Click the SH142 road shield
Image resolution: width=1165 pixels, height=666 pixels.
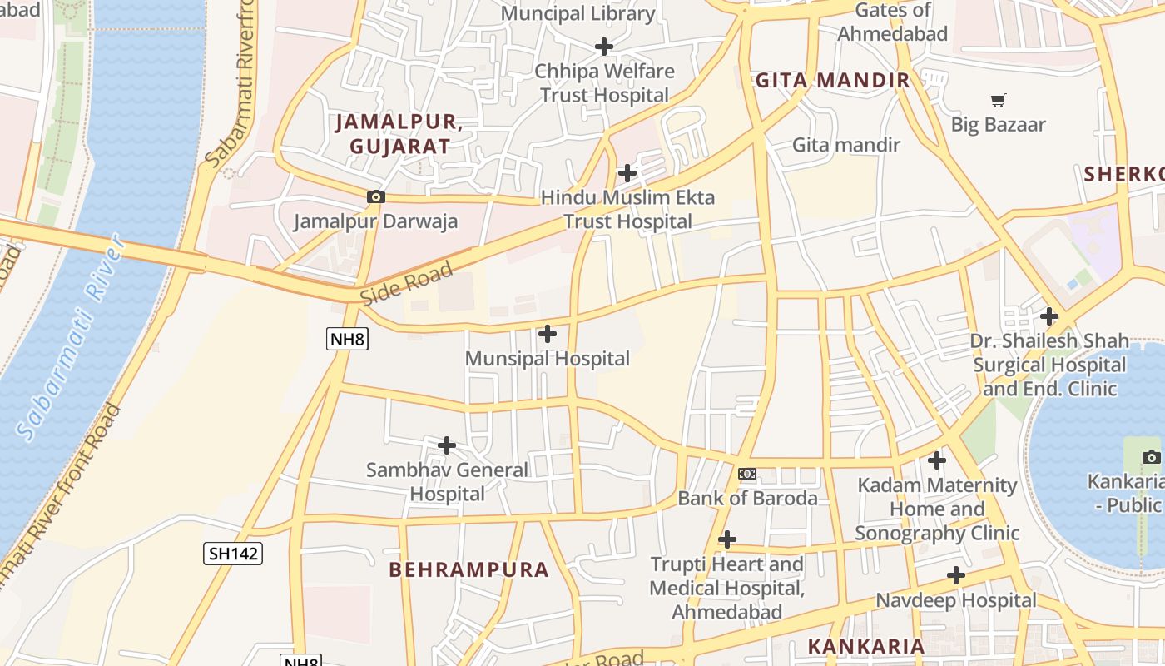coord(233,553)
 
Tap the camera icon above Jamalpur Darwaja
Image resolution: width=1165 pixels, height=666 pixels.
coord(376,197)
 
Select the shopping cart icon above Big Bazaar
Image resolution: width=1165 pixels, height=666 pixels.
coord(998,101)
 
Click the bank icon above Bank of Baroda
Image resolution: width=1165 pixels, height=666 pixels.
coord(747,474)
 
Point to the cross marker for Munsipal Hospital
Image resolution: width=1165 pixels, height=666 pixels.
coord(548,334)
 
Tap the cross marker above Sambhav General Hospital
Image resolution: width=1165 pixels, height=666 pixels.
coord(447,445)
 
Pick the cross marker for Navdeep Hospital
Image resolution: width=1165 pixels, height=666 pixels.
coord(956,575)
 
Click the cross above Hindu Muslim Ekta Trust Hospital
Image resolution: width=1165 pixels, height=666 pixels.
coord(627,173)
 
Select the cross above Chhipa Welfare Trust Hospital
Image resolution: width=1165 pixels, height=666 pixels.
coord(604,47)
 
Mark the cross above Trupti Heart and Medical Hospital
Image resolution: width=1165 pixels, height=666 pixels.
coord(727,539)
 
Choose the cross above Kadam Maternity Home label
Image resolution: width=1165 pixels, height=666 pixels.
coord(937,460)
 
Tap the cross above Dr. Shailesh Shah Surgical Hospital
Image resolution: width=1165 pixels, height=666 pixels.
coord(1049,316)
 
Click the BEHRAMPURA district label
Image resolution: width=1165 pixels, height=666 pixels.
coord(469,569)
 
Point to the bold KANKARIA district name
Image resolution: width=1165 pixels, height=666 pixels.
coord(866,646)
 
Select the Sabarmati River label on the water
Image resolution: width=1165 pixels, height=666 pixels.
coord(72,336)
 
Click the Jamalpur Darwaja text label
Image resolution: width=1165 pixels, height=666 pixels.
coord(376,221)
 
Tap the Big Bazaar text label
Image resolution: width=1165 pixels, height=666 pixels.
coord(998,125)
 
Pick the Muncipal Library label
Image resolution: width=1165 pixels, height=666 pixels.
coord(578,13)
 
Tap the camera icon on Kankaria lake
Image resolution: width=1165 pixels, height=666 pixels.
coord(1151,457)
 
